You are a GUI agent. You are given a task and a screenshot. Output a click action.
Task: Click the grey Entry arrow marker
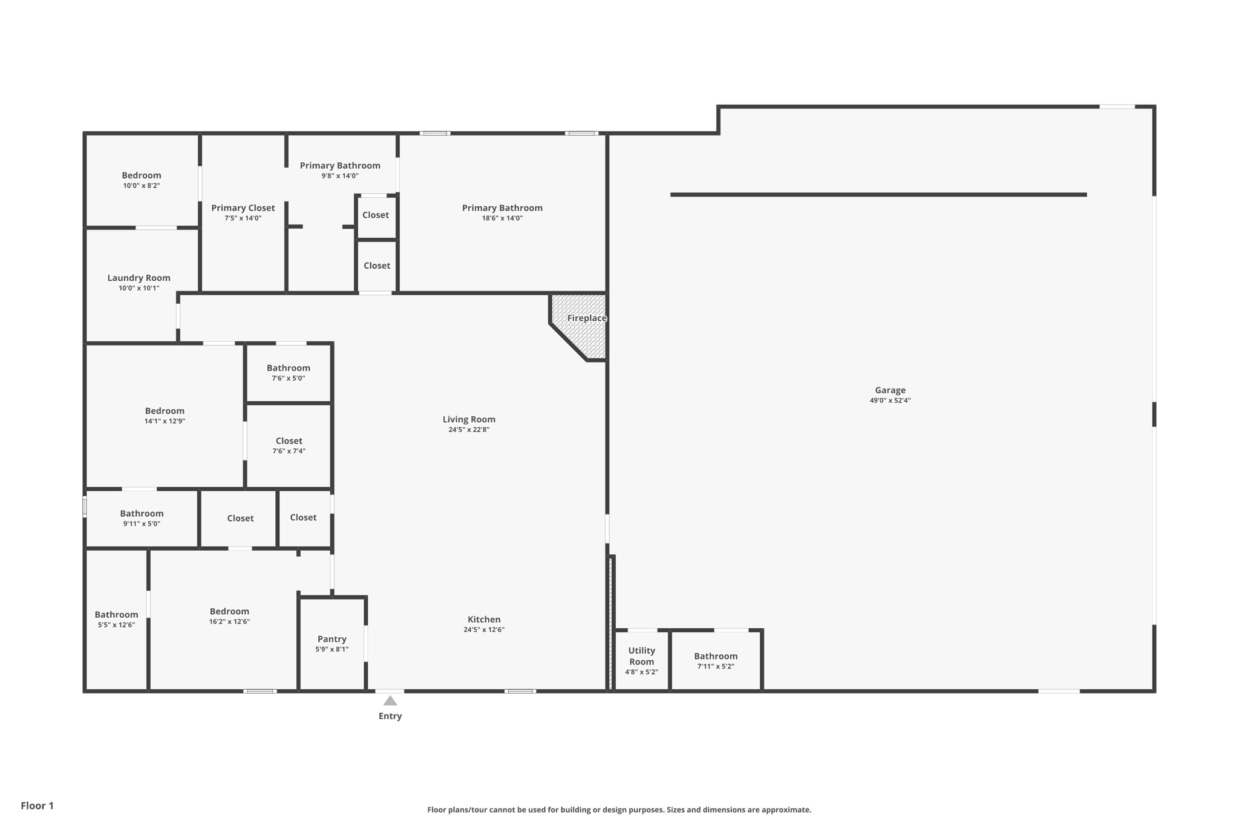390,701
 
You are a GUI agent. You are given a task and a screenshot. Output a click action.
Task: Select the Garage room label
890,390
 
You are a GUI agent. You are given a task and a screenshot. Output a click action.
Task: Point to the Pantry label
332,639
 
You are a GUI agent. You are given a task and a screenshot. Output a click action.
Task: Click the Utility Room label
641,656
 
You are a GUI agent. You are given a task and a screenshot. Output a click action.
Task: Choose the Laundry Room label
139,278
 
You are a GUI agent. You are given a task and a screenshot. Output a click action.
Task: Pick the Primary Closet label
243,208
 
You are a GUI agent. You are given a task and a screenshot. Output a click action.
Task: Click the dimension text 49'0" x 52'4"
890,401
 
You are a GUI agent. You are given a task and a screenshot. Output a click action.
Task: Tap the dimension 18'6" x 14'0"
502,218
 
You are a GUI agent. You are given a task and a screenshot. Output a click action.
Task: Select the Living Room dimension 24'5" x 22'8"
469,430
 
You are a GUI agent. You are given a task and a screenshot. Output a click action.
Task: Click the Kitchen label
484,619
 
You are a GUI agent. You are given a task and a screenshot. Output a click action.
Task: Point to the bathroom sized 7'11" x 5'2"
716,661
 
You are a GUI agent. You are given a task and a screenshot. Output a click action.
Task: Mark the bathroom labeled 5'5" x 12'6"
116,619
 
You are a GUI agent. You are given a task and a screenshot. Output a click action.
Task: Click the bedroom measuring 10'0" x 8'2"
142,180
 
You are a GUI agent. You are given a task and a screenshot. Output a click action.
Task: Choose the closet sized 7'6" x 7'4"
289,445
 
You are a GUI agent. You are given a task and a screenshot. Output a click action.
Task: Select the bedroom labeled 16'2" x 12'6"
229,616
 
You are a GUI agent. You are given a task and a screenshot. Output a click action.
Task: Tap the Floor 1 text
37,805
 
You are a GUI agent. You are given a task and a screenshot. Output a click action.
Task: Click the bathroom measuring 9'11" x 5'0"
142,518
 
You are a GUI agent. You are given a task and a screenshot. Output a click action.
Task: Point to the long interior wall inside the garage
878,195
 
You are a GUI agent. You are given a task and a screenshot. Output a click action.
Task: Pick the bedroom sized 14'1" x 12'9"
165,415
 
